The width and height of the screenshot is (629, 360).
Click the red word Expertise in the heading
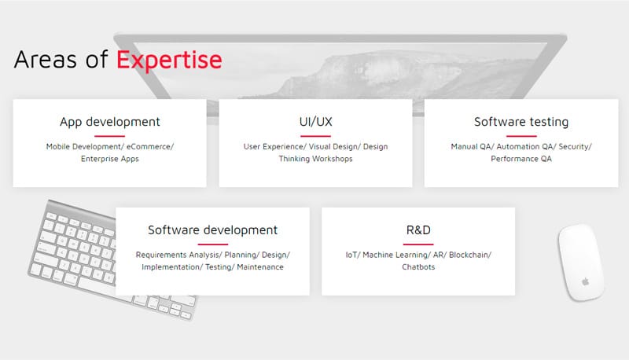(169, 61)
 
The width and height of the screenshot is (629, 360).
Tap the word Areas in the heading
(45, 60)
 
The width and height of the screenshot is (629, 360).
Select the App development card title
(110, 122)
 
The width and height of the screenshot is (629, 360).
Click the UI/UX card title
(316, 122)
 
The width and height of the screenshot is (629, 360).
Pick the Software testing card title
(521, 122)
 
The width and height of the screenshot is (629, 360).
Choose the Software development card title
(212, 230)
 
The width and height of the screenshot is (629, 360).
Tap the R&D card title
(418, 230)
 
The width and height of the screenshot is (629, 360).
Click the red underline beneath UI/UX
(316, 136)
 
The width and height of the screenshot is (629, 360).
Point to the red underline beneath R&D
(418, 244)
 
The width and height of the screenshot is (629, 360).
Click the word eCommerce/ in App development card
(150, 147)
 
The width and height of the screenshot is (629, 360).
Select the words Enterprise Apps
(110, 159)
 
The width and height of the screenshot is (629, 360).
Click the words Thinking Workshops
(316, 159)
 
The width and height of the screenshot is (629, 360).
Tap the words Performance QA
(521, 159)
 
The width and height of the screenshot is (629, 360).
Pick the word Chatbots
(418, 267)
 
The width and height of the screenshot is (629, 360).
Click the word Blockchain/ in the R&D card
(470, 255)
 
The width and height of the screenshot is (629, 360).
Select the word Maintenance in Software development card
(260, 267)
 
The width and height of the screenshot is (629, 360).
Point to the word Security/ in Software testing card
(576, 147)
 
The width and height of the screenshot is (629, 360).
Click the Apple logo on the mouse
(586, 282)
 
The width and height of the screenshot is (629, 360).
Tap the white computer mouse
(580, 263)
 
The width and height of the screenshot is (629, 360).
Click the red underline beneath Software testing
(521, 136)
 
